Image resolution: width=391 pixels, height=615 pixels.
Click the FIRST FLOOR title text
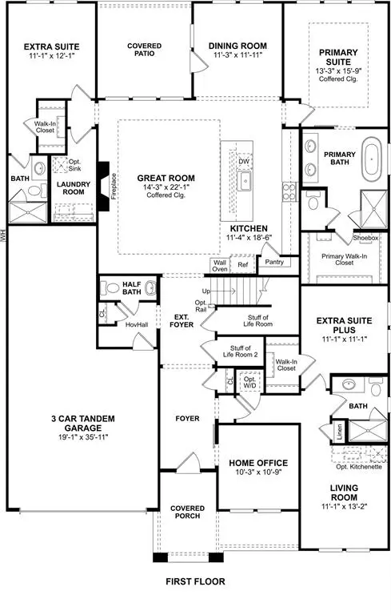pos(195,581)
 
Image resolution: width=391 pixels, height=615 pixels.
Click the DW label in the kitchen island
pos(244,161)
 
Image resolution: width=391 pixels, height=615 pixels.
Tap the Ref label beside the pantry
pos(243,263)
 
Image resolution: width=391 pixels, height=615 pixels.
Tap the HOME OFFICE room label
pos(257,463)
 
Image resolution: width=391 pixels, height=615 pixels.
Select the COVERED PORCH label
pos(187,513)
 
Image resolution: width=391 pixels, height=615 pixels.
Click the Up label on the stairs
pos(206,291)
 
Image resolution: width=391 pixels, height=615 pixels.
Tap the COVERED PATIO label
pos(144,50)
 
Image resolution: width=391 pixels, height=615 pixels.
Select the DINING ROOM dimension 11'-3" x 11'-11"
pos(237,57)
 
